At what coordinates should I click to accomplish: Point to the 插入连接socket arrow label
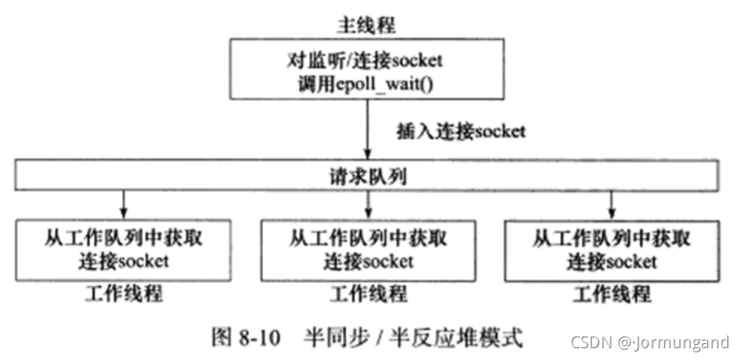[x=461, y=131]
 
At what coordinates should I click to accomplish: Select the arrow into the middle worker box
[x=368, y=202]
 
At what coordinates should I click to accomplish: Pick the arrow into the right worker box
[x=611, y=202]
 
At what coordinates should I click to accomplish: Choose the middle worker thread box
[x=368, y=249]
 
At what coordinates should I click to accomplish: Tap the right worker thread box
[x=611, y=249]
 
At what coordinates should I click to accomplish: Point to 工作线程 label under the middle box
[x=368, y=295]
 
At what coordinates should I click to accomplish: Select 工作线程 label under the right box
[x=611, y=295]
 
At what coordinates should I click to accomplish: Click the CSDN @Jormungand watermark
[x=649, y=342]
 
